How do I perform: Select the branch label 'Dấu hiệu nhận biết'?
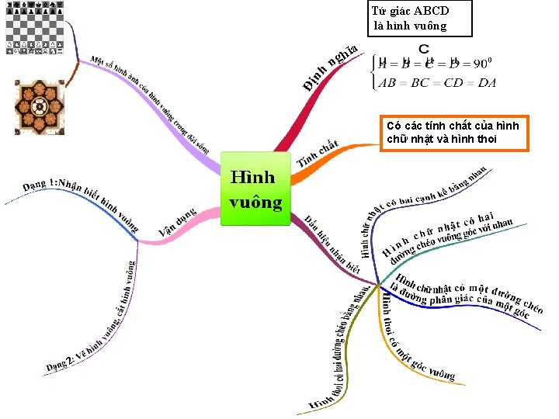(332, 244)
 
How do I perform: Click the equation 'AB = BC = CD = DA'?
(437, 83)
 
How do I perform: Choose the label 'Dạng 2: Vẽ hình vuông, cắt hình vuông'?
(93, 318)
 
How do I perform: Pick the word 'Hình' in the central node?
(252, 178)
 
